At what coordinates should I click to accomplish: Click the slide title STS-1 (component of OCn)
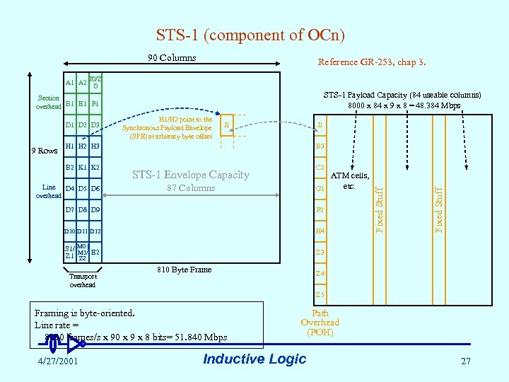(250, 35)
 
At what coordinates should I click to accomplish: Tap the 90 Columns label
(172, 57)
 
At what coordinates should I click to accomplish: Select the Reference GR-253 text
(371, 63)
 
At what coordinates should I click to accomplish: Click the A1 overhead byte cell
(70, 83)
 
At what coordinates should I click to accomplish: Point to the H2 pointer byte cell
(82, 146)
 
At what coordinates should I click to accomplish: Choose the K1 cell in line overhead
(82, 168)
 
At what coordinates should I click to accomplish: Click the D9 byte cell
(95, 210)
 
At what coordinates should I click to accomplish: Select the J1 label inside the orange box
(226, 125)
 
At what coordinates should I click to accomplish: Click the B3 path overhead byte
(320, 146)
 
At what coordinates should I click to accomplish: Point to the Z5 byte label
(320, 294)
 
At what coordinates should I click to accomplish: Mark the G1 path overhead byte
(320, 189)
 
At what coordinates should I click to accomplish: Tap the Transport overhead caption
(82, 280)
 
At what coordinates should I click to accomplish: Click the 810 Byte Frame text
(183, 270)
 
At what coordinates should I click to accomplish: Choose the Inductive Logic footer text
(255, 359)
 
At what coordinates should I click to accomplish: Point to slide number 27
(465, 361)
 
